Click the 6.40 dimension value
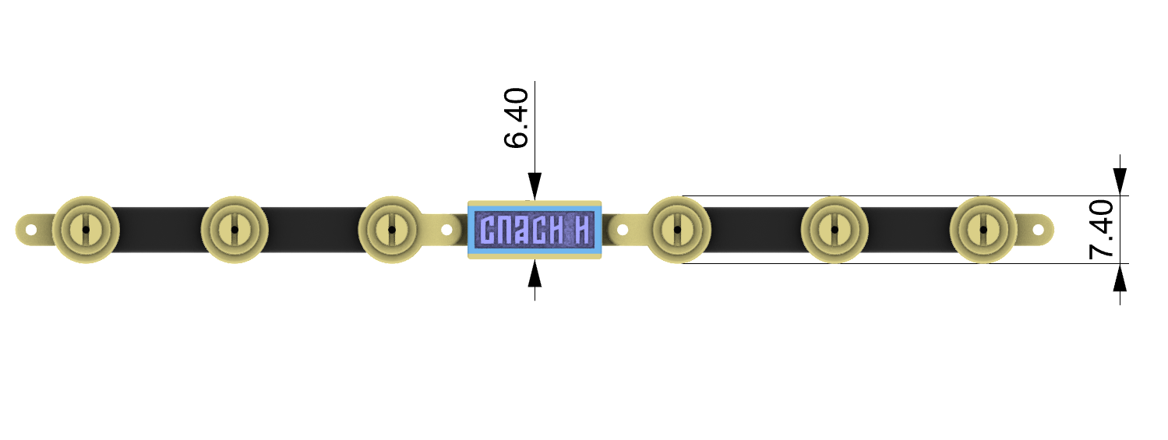pos(517,118)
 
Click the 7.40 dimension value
pos(1101,230)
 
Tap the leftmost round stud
pos(86,230)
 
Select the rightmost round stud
pos(983,230)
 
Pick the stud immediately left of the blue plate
pos(392,230)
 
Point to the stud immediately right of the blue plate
pos(677,230)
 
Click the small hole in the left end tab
pos(30,230)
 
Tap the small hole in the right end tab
pos(1038,230)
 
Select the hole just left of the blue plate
pos(447,230)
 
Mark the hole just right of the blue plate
pos(622,230)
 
